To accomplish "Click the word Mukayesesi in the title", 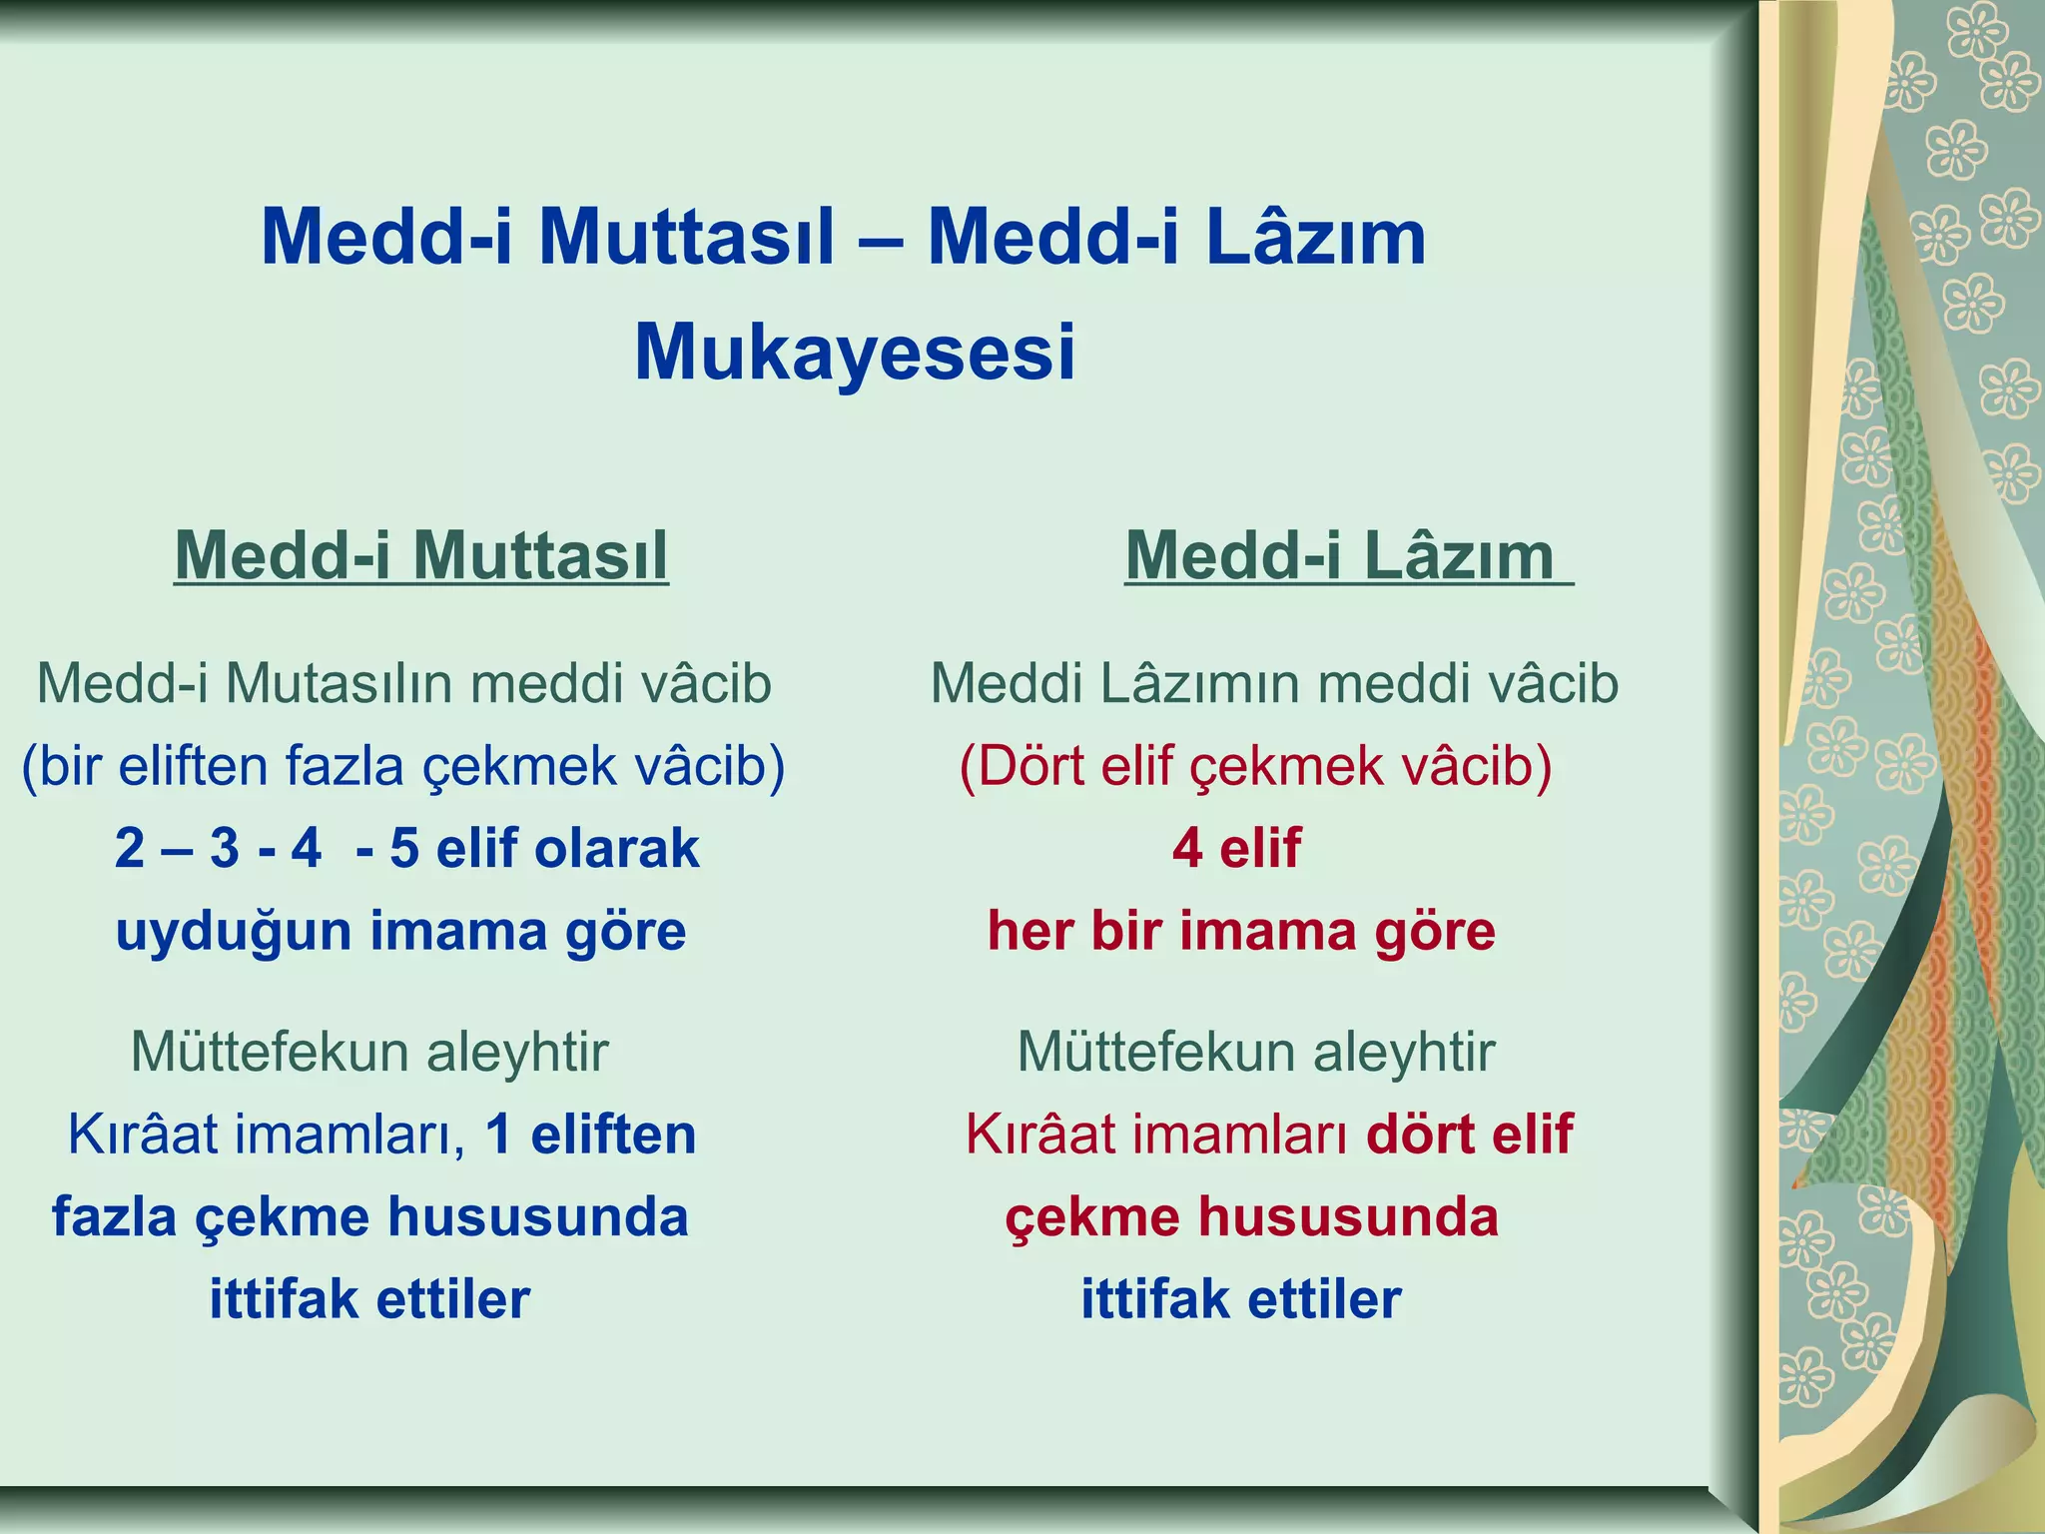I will (x=855, y=353).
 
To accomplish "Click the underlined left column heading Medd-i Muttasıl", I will (x=420, y=555).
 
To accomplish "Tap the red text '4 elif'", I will (x=1236, y=848).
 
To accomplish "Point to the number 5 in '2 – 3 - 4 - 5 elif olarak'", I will (x=403, y=848).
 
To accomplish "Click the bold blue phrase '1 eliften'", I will (x=590, y=1135).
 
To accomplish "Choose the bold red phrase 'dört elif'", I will (x=1469, y=1135).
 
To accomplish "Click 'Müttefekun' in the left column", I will (x=270, y=1052).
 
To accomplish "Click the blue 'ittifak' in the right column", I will (x=1154, y=1299).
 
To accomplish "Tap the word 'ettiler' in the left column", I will (x=453, y=1299).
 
